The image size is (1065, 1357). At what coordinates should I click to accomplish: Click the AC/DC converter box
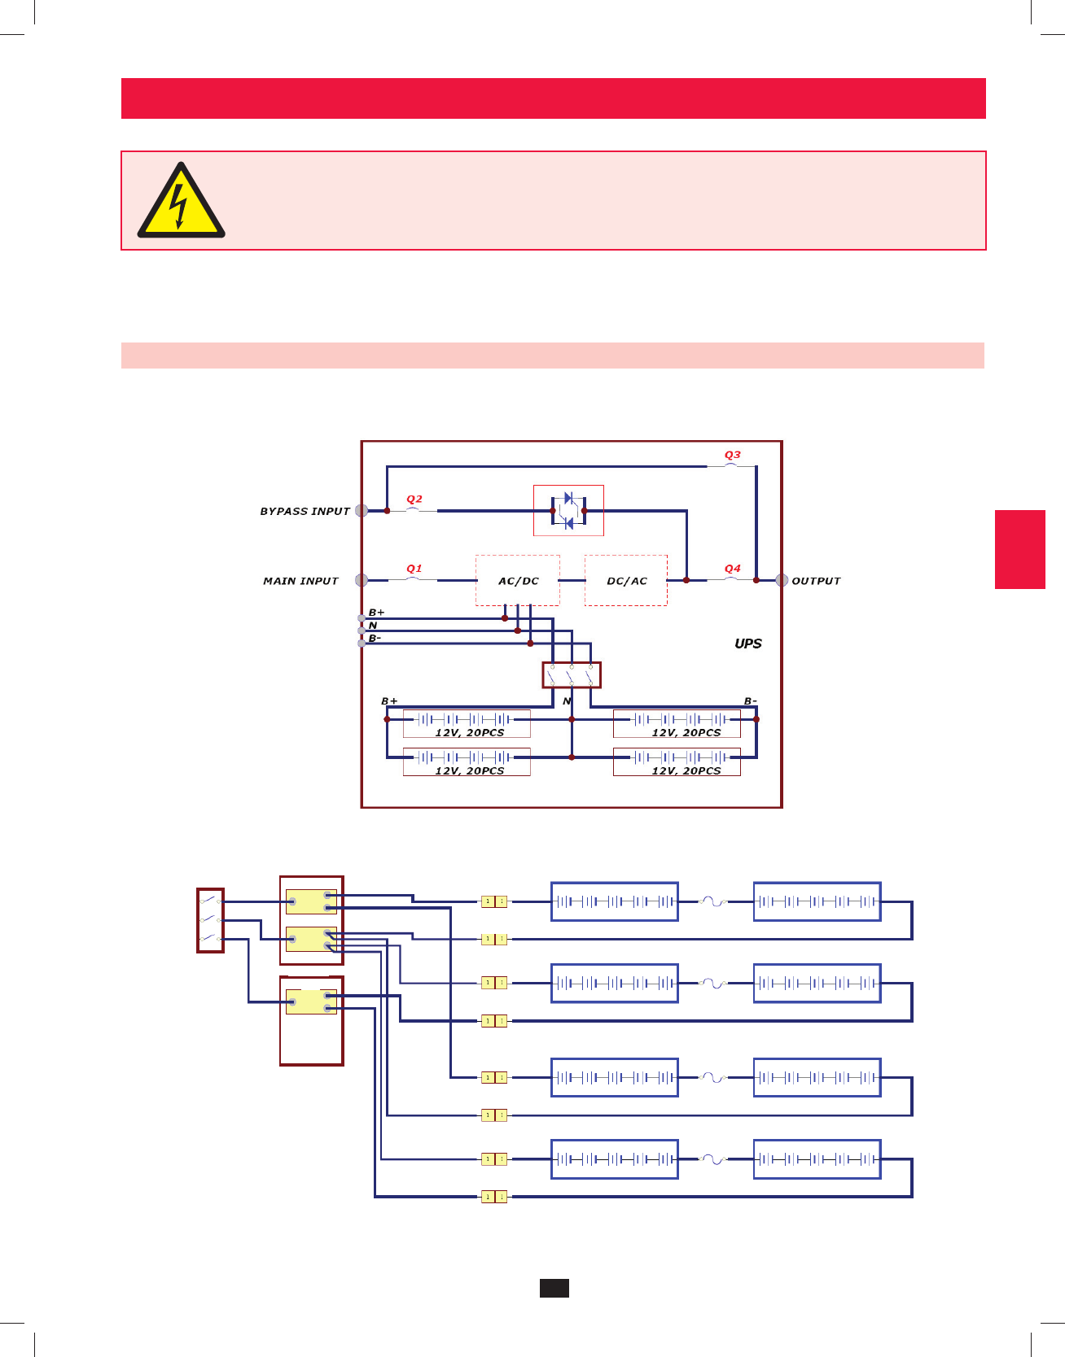tap(518, 581)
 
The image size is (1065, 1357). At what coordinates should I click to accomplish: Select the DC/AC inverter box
tap(626, 581)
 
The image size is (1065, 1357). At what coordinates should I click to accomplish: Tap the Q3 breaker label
tap(733, 455)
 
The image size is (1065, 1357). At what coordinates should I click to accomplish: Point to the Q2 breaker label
tap(414, 499)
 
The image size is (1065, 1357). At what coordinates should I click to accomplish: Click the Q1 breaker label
tap(414, 568)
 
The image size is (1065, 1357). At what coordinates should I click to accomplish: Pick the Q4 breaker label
tap(733, 568)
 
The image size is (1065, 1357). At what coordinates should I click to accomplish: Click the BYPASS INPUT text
tap(305, 511)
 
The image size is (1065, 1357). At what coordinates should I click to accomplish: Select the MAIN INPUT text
tap(300, 581)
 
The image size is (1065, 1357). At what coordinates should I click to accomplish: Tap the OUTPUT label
tap(816, 581)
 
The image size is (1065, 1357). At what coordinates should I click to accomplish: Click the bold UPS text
tap(748, 644)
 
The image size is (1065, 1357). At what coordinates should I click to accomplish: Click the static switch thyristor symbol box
tap(568, 511)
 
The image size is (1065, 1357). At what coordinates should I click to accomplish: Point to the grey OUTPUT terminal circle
tap(782, 580)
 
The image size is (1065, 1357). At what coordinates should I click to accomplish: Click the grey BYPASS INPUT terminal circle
tap(362, 511)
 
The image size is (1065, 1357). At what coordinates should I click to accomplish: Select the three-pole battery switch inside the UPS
tap(572, 675)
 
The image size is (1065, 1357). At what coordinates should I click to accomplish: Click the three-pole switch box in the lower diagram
tap(211, 920)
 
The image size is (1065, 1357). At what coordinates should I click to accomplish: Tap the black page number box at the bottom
tap(554, 1288)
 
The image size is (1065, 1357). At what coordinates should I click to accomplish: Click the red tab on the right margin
tap(1019, 549)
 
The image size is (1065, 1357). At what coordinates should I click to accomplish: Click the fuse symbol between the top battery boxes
tap(715, 901)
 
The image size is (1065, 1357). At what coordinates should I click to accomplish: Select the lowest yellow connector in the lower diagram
tap(494, 1197)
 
